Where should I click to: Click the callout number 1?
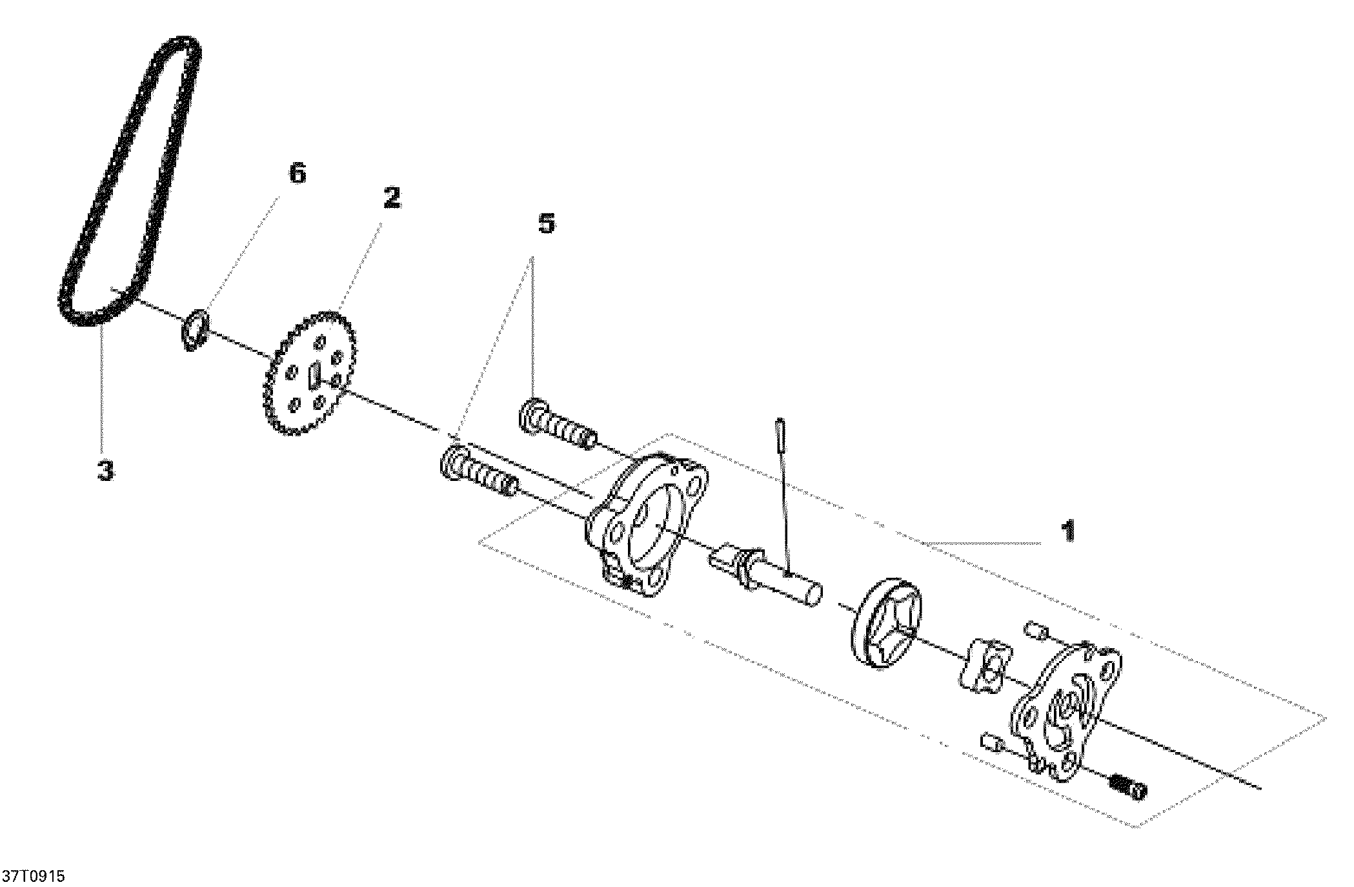pos(1069,531)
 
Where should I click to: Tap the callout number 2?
pos(391,198)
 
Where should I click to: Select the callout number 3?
pos(105,470)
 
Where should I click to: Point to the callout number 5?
pos(546,223)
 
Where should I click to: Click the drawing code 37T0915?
pos(34,876)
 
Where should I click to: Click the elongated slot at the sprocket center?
pos(314,376)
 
